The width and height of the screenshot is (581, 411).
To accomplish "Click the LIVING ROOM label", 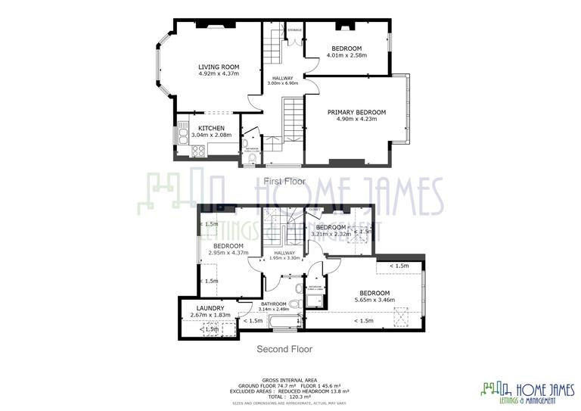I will point(219,67).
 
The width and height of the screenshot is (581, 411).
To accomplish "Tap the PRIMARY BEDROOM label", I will point(356,112).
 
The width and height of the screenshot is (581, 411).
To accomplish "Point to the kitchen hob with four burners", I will point(199,150).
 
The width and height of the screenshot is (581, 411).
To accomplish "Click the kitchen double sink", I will point(182,135).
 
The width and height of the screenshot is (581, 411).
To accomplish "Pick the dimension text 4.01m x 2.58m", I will point(346,55).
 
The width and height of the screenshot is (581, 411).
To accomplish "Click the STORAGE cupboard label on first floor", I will point(294,30).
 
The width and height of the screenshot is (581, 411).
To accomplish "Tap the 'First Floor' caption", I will point(284,181).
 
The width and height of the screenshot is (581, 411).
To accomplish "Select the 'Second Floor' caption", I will point(284,349).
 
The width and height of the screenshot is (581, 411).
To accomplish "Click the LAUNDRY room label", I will point(210,308).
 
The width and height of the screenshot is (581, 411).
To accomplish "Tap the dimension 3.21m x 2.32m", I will point(331,235).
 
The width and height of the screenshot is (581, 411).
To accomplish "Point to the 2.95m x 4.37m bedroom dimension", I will point(228,253).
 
